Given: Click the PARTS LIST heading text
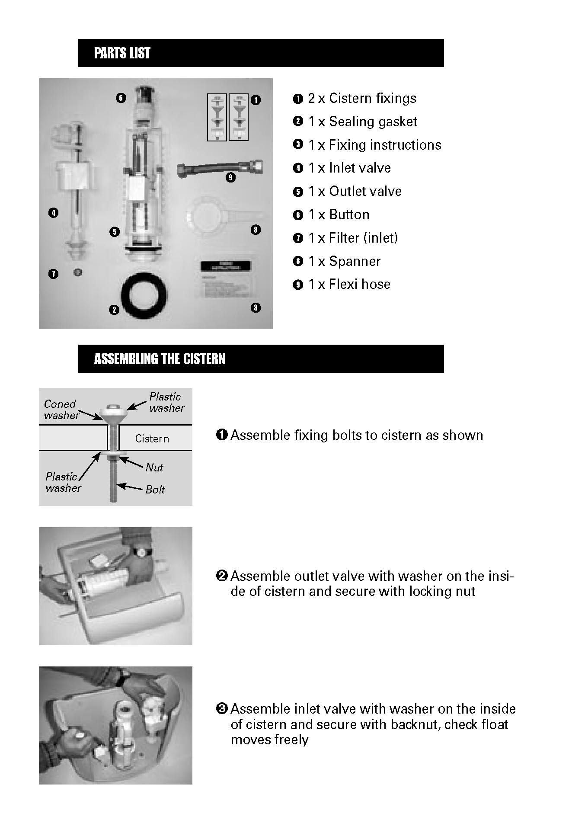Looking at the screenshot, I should coord(122,53).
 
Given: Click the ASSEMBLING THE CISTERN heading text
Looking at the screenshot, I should coord(160,359).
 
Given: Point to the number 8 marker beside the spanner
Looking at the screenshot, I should coord(256,230).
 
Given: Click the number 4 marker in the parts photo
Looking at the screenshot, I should coord(54,212).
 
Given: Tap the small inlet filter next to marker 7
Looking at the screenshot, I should coord(78,272).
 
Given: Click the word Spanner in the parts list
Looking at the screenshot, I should coord(355,261).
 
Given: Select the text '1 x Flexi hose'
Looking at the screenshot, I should coord(349,285).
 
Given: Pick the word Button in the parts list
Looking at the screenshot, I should coord(349,215).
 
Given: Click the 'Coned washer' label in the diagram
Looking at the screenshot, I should coord(61,410).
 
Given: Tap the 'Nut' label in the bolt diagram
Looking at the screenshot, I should coord(154,468).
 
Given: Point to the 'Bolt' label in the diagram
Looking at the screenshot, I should coord(155,490).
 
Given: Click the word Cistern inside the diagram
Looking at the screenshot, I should coord(152,439).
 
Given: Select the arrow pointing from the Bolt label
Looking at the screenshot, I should coord(130,487).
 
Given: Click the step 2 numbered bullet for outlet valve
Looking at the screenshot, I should coord(221,576).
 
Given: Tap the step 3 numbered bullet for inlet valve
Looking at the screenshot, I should coord(221,709).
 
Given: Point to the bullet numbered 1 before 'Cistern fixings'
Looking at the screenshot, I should coord(298,99).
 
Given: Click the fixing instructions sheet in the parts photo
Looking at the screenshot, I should coord(225,279).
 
